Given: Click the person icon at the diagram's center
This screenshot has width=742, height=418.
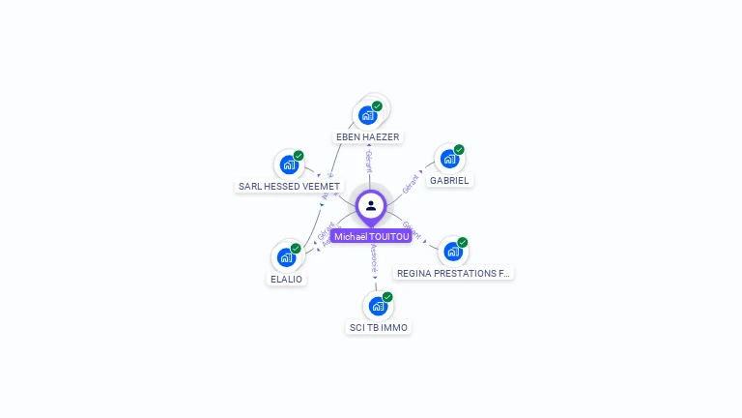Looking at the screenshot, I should (371, 205).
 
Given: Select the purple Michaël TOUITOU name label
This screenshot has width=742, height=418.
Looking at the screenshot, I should (372, 236).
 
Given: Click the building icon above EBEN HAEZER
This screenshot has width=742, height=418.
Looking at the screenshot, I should (367, 115).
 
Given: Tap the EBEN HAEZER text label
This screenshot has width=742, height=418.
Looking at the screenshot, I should (368, 137).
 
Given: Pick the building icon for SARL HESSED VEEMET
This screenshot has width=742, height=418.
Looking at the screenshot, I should (288, 164).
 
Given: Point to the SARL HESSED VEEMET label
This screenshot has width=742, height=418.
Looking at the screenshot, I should (289, 186).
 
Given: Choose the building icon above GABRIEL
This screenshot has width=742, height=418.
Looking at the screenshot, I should (449, 159).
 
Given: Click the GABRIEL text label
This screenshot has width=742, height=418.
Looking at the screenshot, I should (450, 180).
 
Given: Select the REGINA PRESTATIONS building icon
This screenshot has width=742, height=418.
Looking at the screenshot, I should (452, 252).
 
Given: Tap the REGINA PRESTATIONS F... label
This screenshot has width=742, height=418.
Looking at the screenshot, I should (453, 274).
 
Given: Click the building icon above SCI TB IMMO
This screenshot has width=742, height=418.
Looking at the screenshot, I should (378, 306).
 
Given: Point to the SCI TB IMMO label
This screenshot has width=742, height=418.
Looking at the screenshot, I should (379, 327).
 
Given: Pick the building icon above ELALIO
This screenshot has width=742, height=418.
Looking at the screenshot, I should (286, 257).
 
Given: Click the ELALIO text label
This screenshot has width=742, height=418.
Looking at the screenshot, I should (286, 279).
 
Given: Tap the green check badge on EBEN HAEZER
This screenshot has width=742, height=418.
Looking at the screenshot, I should (377, 106).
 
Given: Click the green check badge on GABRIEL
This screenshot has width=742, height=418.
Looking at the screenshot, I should (459, 150).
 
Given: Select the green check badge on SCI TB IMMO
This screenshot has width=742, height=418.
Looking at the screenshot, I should (387, 297).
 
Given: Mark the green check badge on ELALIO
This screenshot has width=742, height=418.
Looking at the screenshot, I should (296, 249).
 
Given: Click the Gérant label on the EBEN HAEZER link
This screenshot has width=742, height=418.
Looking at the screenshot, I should (369, 160).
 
